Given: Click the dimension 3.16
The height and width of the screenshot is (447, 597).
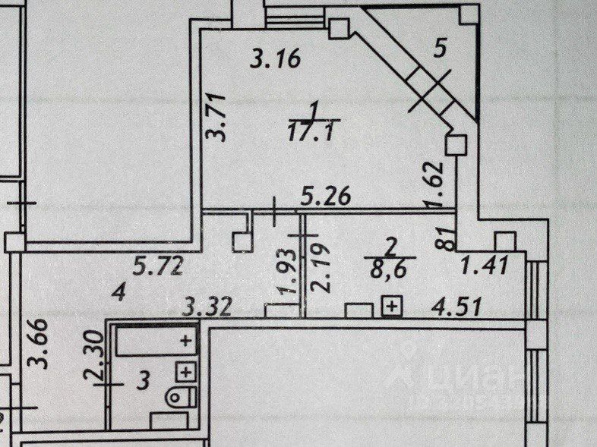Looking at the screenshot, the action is (276, 58).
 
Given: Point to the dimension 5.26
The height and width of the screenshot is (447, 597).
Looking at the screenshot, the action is (324, 199).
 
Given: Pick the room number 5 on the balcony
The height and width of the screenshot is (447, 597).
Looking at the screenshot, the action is (437, 51).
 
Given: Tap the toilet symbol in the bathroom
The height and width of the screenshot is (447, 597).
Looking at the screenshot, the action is (179, 395).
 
